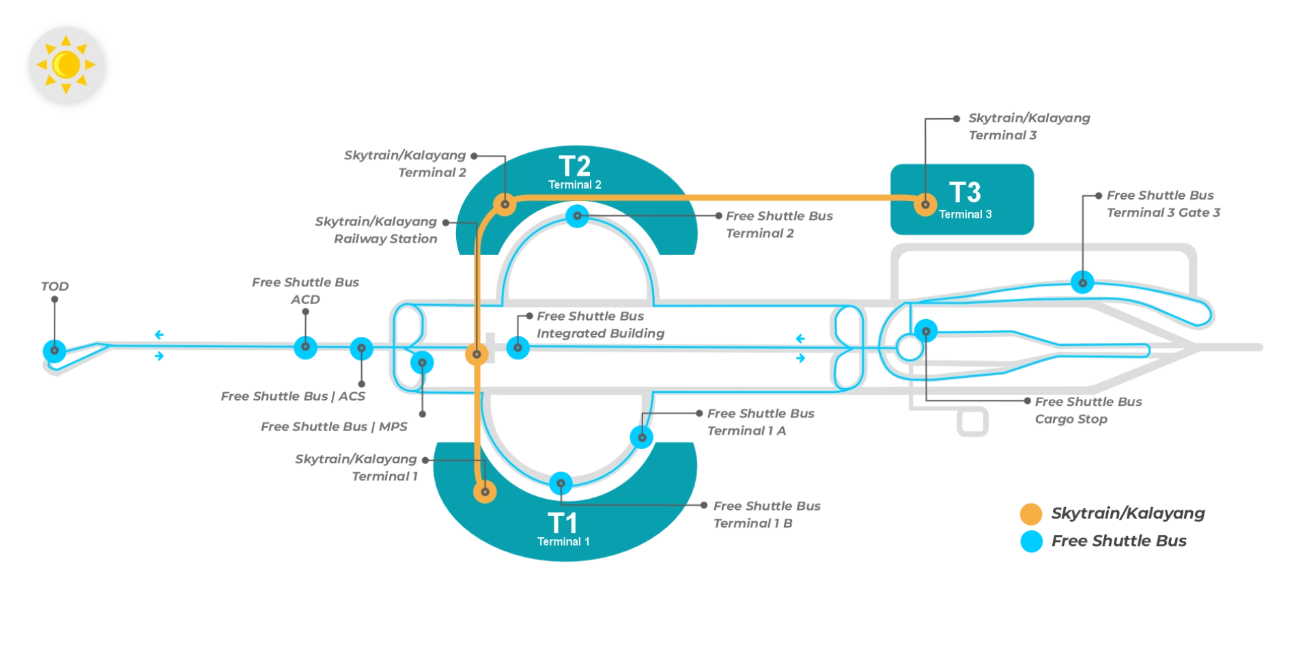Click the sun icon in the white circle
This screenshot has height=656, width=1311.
[x=66, y=65]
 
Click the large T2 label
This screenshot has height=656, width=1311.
[x=574, y=167]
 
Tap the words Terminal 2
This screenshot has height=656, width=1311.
[x=574, y=184]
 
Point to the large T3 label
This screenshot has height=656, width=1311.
[x=965, y=193]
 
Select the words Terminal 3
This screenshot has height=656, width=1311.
[x=965, y=214]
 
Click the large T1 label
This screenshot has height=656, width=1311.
[x=563, y=523]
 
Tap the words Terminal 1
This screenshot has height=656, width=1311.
[x=563, y=541]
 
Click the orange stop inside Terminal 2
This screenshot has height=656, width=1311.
[x=505, y=204]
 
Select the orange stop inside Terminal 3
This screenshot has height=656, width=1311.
[x=925, y=204]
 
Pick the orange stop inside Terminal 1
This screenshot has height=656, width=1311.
[x=485, y=491]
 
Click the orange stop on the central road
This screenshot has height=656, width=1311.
[x=477, y=355]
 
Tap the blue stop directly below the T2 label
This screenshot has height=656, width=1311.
[x=577, y=216]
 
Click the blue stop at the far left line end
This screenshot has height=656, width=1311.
[x=54, y=351]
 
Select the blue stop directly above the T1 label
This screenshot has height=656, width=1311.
[x=561, y=483]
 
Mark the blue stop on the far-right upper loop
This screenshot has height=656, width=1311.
[x=1082, y=282]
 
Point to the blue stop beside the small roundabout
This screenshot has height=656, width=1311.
[x=926, y=331]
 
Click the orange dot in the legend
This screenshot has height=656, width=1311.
[x=1030, y=513]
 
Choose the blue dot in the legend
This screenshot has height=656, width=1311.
[x=1030, y=541]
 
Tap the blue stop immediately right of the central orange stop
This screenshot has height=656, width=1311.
[x=518, y=347]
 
